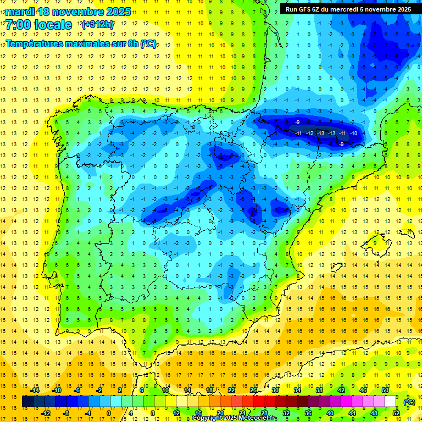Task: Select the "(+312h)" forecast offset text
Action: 97,25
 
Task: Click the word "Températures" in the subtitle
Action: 37,43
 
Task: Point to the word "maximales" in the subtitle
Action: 93,43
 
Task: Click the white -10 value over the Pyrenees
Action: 354,134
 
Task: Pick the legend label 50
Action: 385,390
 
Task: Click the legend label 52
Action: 396,413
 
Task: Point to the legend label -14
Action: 36,390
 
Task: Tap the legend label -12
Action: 46,413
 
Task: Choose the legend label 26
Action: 253,390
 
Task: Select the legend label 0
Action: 109,413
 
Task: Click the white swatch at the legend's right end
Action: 391,402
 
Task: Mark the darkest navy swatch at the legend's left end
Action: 27,402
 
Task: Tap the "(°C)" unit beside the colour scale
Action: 409,402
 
